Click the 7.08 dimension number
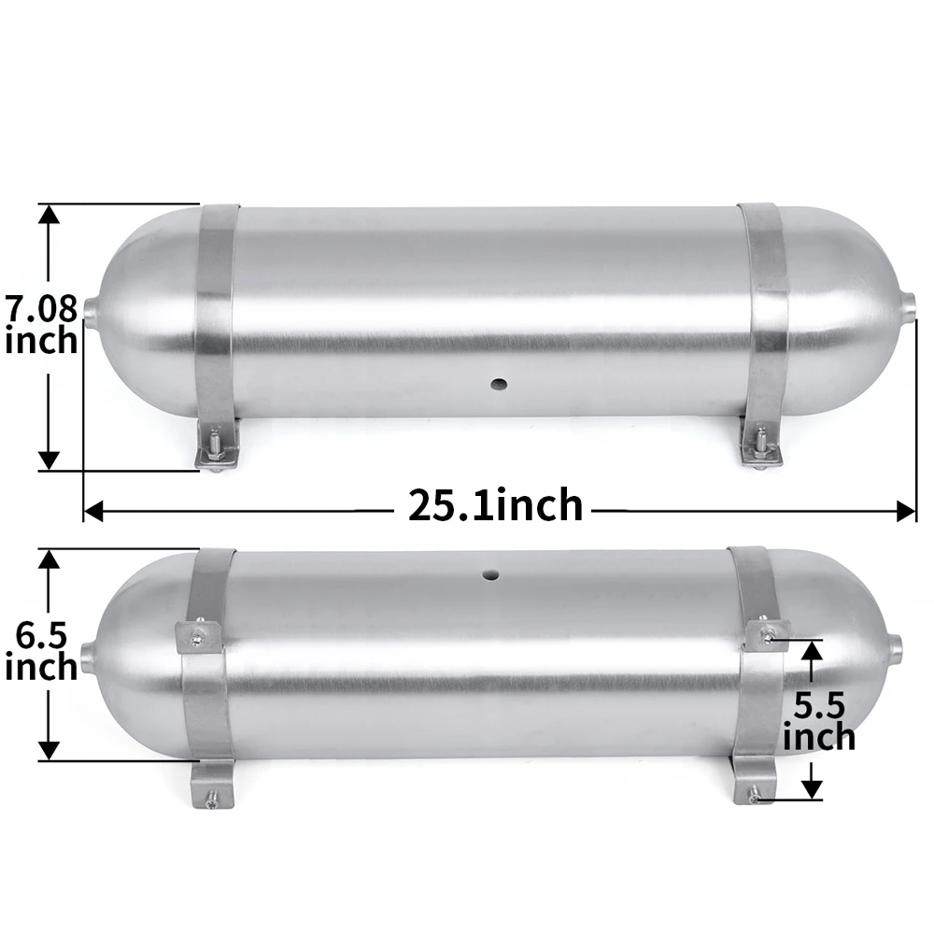[42, 308]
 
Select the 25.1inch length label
[496, 505]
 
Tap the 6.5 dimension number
[41, 635]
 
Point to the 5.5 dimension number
[820, 706]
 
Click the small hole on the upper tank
[499, 384]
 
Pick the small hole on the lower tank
[491, 574]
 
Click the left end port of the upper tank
[91, 310]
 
